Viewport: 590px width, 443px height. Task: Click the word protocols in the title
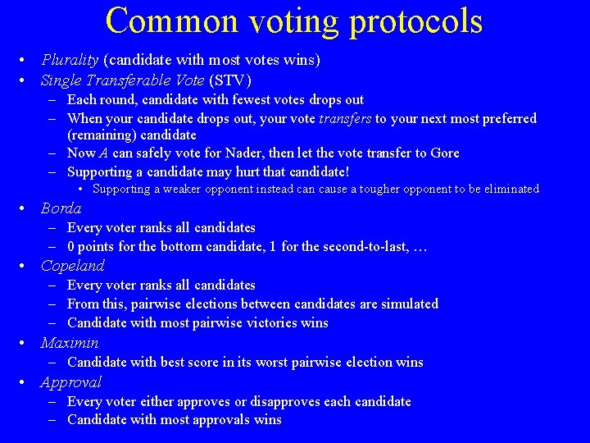click(417, 21)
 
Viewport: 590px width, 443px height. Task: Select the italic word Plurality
click(70, 60)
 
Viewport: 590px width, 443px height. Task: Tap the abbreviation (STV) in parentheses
click(230, 80)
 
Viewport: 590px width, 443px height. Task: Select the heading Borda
click(61, 208)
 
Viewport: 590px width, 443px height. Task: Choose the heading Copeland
click(72, 266)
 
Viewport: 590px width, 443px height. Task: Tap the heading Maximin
click(70, 343)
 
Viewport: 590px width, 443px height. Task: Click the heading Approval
click(70, 382)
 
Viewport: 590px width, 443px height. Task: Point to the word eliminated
click(510, 190)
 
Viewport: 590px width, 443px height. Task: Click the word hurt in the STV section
click(251, 172)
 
